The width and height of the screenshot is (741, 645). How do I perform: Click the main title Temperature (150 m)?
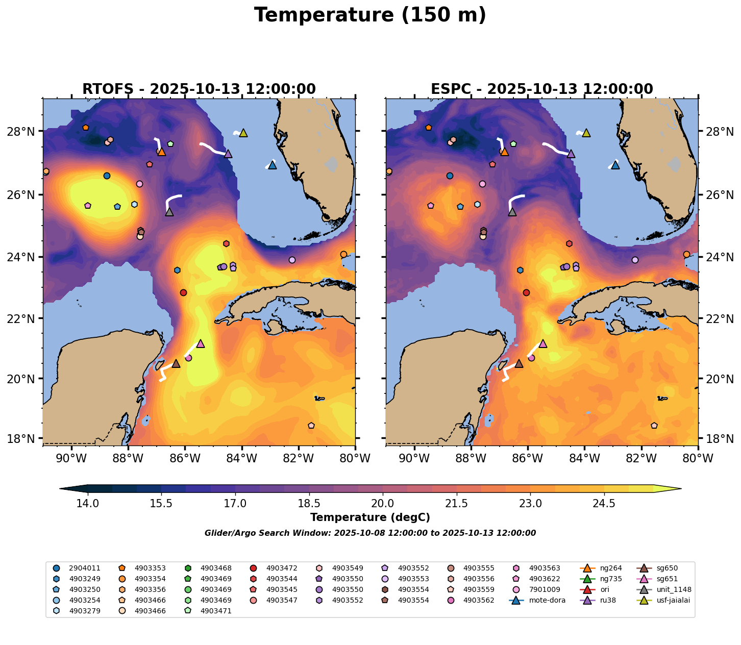(370, 15)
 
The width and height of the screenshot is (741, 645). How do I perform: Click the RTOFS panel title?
(199, 89)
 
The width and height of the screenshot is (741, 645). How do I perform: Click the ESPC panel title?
(542, 89)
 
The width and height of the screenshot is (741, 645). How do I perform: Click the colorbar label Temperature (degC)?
(370, 517)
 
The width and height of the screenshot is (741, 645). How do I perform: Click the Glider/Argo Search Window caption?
(370, 533)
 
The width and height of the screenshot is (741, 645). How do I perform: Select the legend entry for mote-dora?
(547, 600)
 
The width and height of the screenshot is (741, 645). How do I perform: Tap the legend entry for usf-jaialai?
(673, 600)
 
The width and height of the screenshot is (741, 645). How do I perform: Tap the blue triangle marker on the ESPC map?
(615, 165)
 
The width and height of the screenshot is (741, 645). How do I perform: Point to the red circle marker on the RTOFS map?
(183, 292)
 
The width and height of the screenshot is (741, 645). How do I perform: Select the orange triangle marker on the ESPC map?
(505, 152)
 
